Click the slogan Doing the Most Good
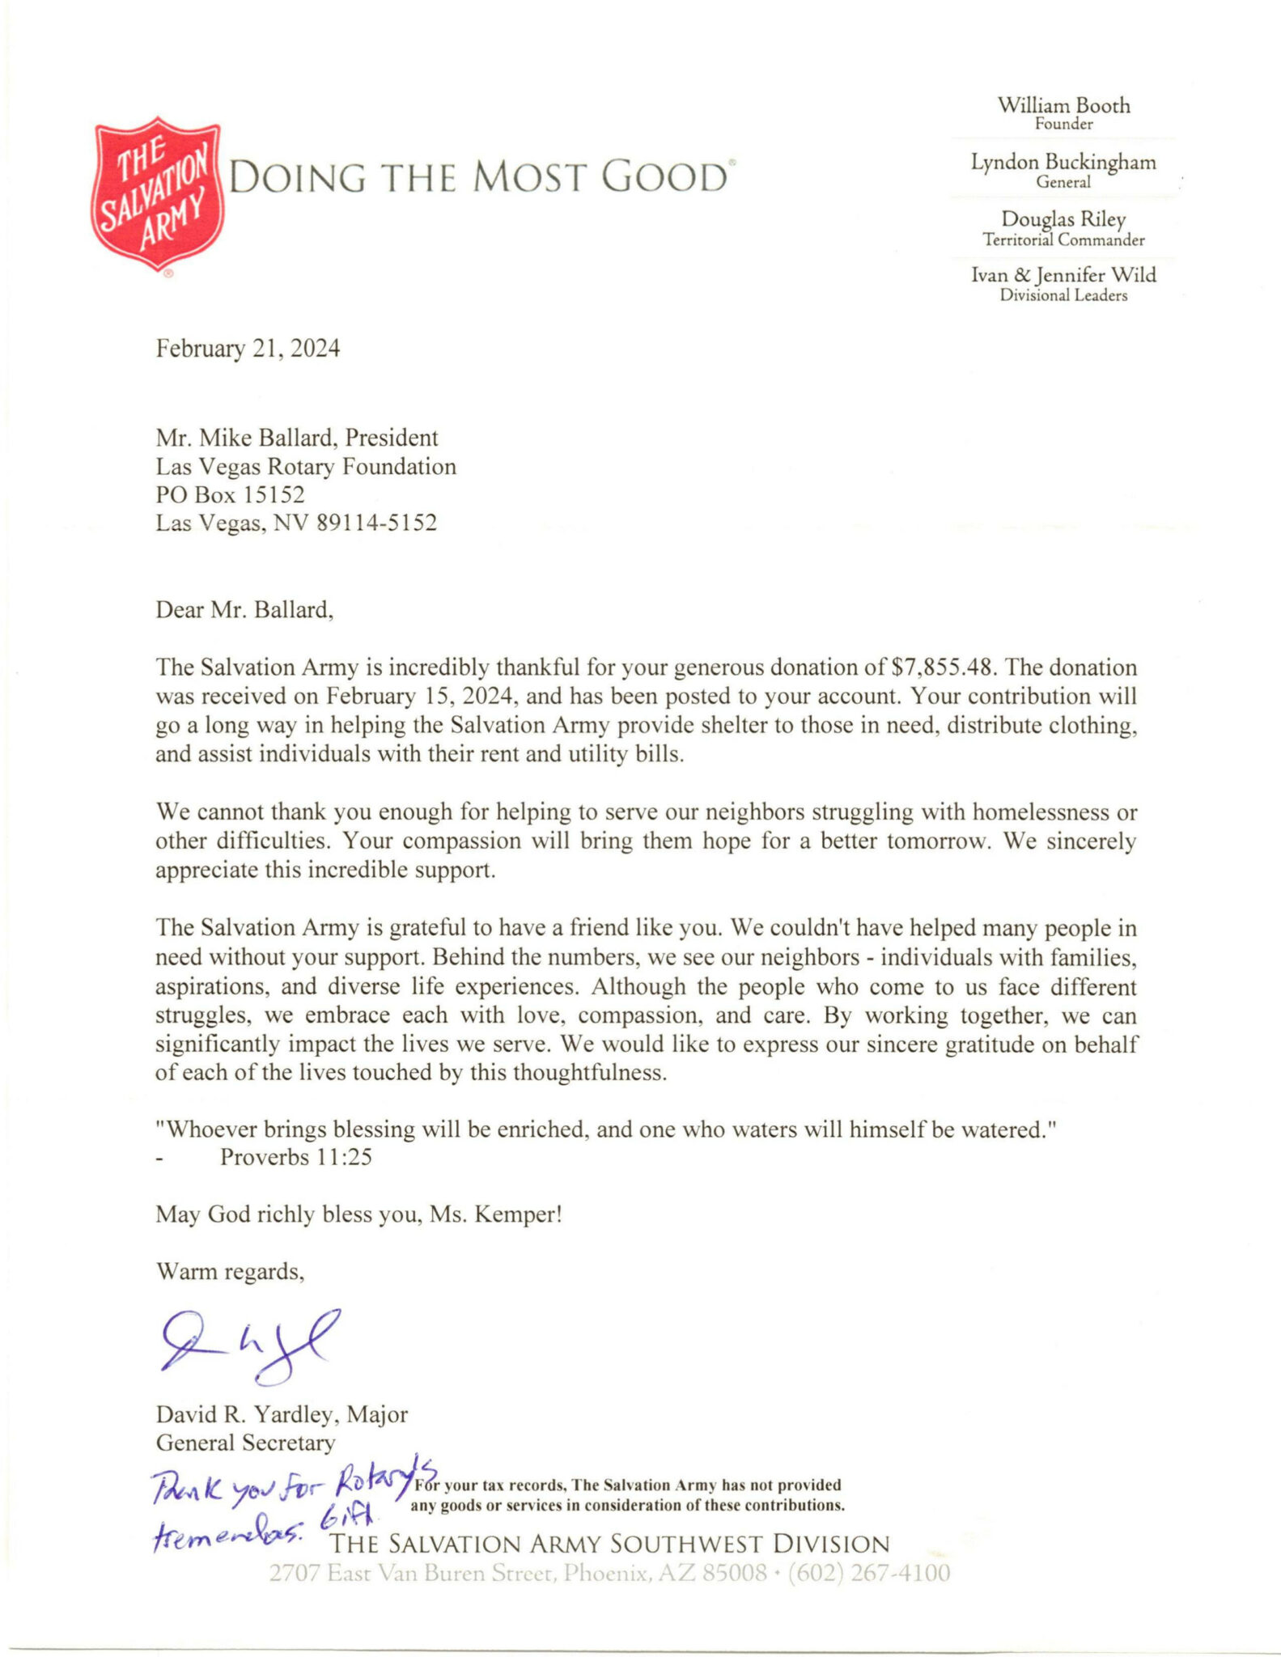479,177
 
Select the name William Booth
1063,106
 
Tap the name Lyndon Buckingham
1063,163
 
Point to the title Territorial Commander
1063,240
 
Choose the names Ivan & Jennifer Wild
1063,275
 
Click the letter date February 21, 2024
248,349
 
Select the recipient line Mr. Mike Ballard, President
297,438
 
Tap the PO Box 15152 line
230,494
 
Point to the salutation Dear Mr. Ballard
244,609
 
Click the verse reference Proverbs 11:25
295,1157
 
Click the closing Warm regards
230,1272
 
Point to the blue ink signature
246,1346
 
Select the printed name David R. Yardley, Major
282,1414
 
